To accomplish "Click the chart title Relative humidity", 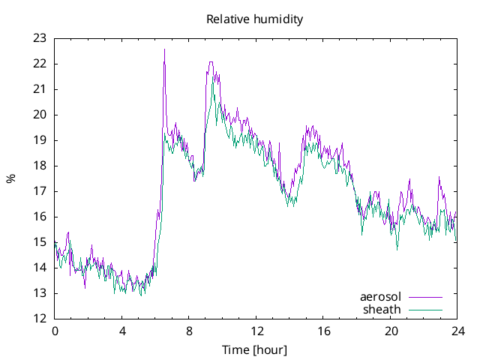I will pos(254,19).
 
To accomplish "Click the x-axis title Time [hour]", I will pos(254,350).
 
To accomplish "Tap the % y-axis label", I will pos(10,178).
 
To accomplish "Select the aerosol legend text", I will pos(381,297).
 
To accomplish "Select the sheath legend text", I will pos(382,309).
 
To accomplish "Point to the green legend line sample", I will pos(425,310).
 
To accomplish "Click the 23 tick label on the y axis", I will pos(40,38).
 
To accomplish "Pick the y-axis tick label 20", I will pos(40,115).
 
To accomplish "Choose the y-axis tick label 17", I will pos(40,191).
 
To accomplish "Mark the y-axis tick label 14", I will pos(40,268).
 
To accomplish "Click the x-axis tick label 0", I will pos(55,331).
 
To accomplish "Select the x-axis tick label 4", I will pos(122,331).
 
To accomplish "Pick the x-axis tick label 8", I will pos(189,331).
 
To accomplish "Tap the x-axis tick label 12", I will pos(256,331).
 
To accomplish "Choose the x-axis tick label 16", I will pos(323,331).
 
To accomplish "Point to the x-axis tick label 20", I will pos(391,331).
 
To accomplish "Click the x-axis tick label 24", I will pos(457,331).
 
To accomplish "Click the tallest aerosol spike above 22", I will pos(164,50).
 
